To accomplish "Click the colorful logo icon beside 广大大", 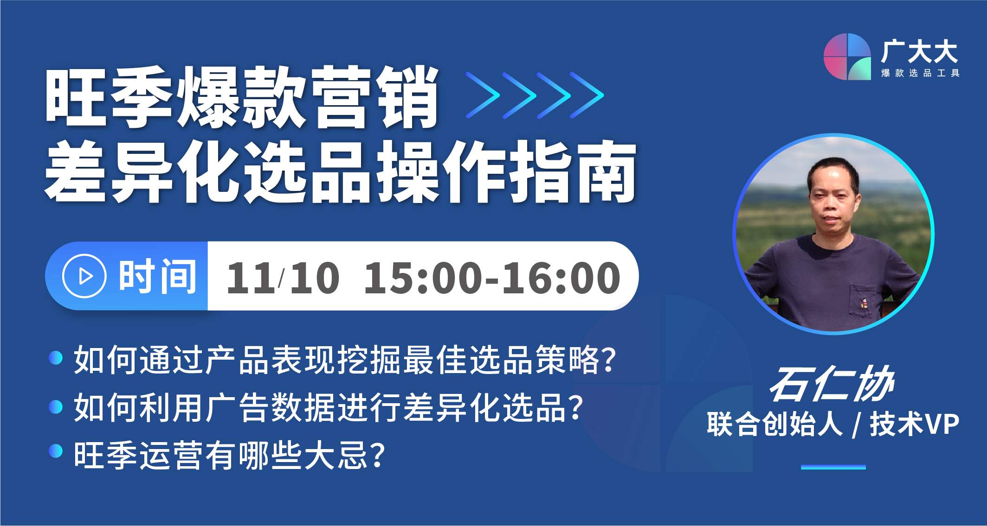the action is pyautogui.click(x=847, y=57).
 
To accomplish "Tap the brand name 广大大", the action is pyautogui.click(x=920, y=51).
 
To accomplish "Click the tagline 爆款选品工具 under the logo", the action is pyautogui.click(x=920, y=73).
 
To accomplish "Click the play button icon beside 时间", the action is pyautogui.click(x=84, y=276).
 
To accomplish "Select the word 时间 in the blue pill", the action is pyautogui.click(x=158, y=276).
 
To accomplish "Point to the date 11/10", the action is pyautogui.click(x=283, y=278).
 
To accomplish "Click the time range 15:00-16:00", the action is pyautogui.click(x=492, y=278).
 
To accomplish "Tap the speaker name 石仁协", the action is pyautogui.click(x=832, y=384).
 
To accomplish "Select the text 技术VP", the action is pyautogui.click(x=915, y=424).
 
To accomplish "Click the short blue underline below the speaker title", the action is pyautogui.click(x=833, y=467).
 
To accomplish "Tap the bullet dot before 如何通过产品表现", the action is pyautogui.click(x=56, y=358).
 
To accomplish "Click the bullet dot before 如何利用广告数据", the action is pyautogui.click(x=56, y=406).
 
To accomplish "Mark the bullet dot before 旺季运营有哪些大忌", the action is pyautogui.click(x=56, y=451).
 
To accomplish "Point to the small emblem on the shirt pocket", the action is pyautogui.click(x=864, y=303).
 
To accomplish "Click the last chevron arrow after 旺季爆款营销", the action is pyautogui.click(x=587, y=95).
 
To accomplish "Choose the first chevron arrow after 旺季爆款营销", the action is pyautogui.click(x=483, y=95).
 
